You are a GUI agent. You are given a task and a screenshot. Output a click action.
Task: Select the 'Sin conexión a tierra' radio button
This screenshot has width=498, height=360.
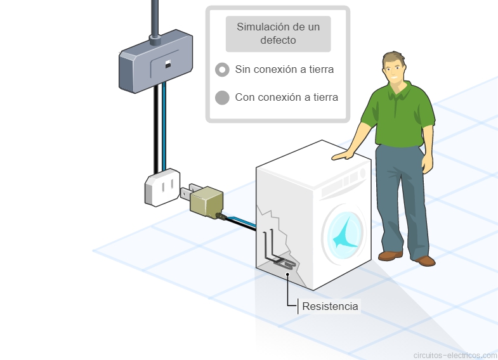click(222, 70)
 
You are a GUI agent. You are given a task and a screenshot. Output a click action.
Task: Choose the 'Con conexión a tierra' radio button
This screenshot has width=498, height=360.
click(222, 98)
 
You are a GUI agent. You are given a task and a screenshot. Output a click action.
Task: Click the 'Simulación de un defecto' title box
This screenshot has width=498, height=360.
click(278, 34)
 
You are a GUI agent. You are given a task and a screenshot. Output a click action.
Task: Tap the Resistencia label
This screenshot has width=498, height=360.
click(330, 307)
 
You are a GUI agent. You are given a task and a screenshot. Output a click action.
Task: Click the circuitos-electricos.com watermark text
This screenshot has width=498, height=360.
click(455, 355)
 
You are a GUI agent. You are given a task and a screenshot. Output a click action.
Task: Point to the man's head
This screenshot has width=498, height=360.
click(394, 66)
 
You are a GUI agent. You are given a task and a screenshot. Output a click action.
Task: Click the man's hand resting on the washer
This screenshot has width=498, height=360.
click(343, 155)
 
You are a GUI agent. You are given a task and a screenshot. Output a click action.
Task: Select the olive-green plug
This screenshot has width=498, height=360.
click(206, 202)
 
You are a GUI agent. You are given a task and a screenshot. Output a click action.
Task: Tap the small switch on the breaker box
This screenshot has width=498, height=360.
click(167, 64)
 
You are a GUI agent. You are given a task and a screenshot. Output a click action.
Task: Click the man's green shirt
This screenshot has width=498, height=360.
click(398, 114)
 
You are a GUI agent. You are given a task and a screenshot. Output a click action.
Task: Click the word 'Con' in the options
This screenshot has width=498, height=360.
click(245, 98)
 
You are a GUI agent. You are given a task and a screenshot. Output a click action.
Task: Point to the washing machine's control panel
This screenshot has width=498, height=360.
click(343, 183)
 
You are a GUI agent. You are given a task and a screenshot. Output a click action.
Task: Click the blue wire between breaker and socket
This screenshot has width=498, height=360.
click(164, 127)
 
